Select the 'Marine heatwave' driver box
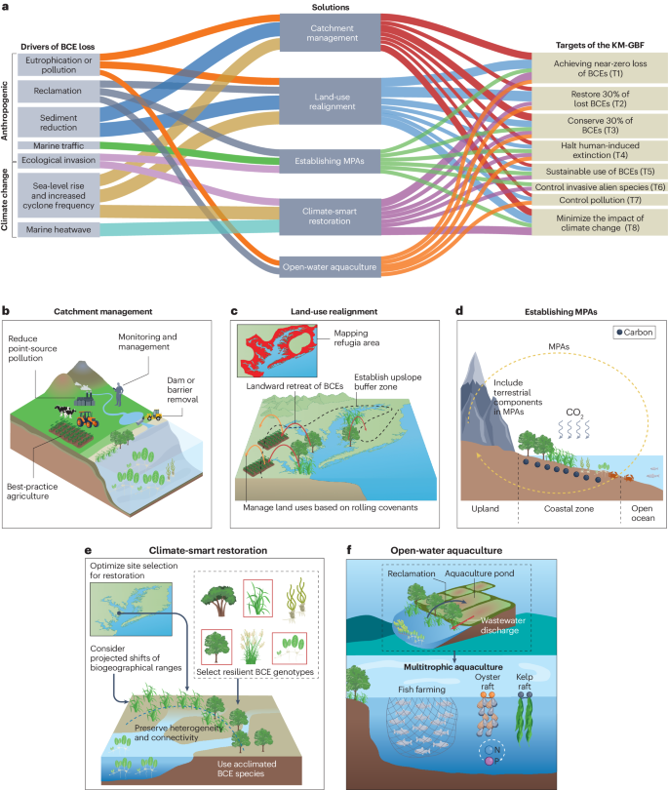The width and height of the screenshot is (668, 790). click(58, 229)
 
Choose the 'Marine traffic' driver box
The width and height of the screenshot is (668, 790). click(58, 145)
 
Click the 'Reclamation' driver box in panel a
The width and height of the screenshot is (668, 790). click(58, 90)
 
